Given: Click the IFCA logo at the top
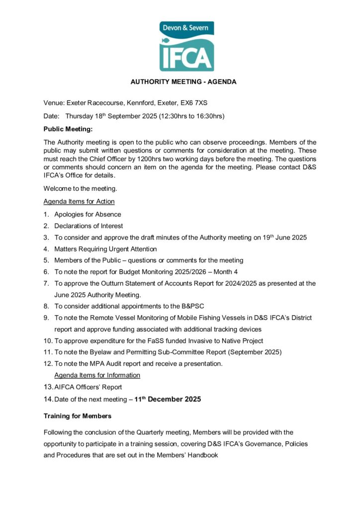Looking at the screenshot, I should tap(186, 46).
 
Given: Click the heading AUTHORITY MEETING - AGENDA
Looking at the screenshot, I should tap(183, 82).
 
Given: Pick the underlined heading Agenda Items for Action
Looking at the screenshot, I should tap(79, 201).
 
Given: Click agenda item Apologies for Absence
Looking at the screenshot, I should tap(88, 214).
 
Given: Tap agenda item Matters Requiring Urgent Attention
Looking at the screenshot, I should tap(105, 249).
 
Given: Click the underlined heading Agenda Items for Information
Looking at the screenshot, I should tap(97, 375).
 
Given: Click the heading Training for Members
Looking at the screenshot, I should tap(78, 416).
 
